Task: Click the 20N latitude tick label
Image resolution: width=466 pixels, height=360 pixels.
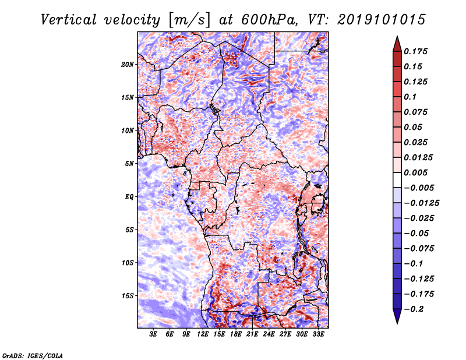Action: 127,65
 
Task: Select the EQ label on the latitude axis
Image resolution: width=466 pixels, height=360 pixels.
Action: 129,197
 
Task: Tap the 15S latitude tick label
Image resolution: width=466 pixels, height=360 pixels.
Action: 128,296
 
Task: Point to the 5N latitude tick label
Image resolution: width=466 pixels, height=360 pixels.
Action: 129,164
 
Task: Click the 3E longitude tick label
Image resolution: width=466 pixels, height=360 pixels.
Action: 153,334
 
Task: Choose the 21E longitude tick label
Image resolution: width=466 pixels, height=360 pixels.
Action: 252,334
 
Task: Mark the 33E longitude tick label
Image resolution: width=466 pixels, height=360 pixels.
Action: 318,334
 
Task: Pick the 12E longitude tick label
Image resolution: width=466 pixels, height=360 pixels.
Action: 202,334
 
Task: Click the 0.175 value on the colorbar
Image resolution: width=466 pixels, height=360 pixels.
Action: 415,51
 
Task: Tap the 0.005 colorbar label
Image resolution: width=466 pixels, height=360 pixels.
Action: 415,172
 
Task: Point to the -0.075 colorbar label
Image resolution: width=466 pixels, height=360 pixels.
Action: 419,249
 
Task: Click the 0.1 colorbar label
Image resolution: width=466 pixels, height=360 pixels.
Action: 410,97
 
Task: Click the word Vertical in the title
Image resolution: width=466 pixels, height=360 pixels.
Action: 69,20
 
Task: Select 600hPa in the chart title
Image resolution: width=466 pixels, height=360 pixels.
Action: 269,20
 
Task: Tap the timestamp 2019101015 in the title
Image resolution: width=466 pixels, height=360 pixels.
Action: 382,20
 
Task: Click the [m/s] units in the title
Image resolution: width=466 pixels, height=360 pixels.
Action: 189,20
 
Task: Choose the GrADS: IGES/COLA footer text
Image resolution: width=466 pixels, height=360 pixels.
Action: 33,356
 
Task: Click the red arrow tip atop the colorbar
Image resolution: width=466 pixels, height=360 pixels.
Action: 397,37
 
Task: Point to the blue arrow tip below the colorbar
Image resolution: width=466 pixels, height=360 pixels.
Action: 397,323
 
